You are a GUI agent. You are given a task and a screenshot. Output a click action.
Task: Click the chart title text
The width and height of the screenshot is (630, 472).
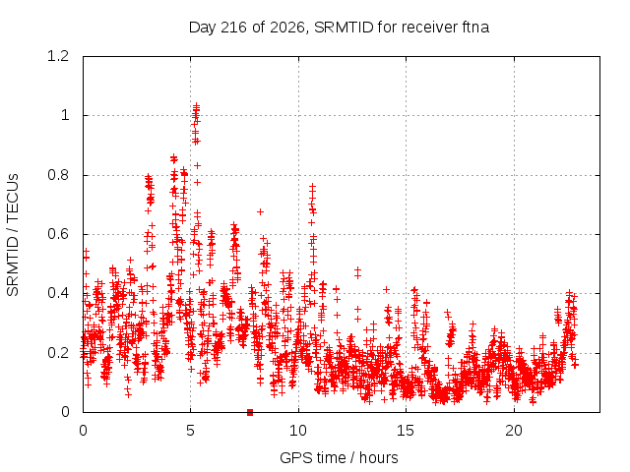(339, 28)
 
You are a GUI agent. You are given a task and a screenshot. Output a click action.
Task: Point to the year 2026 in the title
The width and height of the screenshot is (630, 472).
(286, 28)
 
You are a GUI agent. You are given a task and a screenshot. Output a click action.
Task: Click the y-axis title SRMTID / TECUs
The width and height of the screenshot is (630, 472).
(13, 235)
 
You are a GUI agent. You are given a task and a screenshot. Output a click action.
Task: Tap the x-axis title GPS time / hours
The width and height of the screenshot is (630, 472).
(339, 457)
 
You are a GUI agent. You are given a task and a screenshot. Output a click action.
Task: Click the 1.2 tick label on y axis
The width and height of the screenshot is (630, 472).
(58, 56)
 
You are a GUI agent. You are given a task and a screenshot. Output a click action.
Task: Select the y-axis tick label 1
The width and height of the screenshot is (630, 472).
(65, 116)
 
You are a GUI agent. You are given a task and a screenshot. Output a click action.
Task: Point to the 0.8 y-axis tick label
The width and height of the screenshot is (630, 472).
(58, 175)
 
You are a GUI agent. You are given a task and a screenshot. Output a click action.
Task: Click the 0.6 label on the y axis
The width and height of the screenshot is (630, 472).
(58, 234)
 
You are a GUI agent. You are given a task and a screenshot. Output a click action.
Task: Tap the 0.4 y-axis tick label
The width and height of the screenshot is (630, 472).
(58, 293)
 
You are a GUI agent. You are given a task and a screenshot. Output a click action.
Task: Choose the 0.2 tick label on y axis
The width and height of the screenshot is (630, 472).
(58, 353)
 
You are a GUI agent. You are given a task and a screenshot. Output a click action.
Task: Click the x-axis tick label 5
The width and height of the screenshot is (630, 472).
(190, 431)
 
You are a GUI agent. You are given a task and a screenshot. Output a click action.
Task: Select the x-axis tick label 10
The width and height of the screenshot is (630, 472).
(298, 431)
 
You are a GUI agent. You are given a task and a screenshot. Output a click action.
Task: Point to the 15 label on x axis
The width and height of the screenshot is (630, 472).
(406, 431)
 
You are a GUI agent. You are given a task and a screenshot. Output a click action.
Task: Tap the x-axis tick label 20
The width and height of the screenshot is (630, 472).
(514, 431)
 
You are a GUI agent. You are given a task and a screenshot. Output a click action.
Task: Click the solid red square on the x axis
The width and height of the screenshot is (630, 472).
(250, 412)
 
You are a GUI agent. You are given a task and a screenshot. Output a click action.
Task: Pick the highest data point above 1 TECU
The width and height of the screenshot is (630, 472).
(197, 106)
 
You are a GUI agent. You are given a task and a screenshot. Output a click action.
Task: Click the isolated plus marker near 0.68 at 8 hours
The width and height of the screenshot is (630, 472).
(260, 211)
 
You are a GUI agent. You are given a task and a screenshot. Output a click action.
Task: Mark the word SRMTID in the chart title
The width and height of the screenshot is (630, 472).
(344, 28)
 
